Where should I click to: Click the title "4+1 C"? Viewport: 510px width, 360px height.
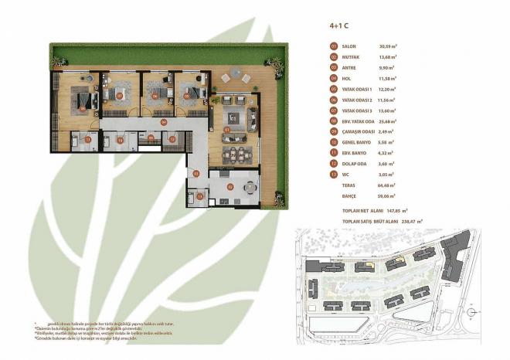[338, 26]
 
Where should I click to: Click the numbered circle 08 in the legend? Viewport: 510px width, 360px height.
[334, 121]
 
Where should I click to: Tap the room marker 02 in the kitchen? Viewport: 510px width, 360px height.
[229, 187]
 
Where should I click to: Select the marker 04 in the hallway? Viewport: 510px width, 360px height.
[164, 122]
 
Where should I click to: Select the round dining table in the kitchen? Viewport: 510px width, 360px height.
[249, 187]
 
